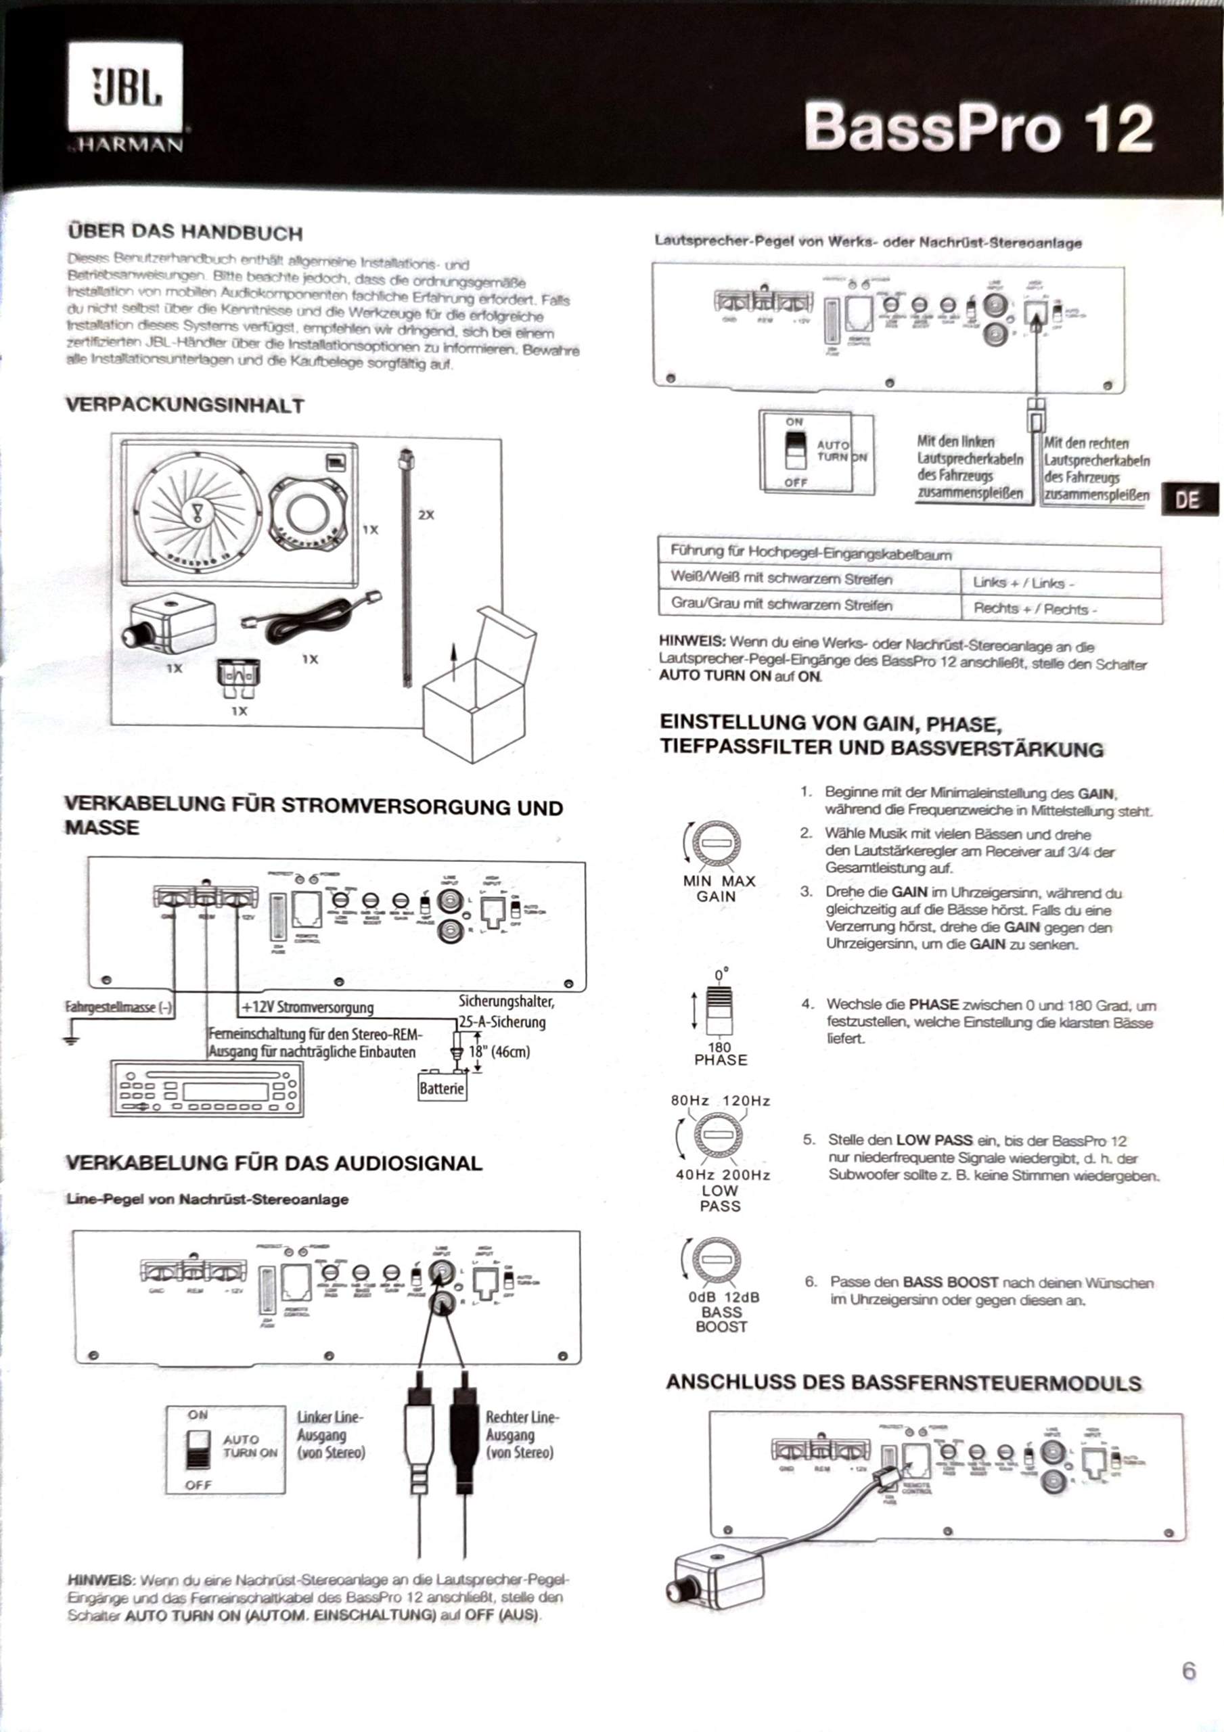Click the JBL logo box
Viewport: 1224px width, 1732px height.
tap(125, 87)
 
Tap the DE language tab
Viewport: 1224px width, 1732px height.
tap(1187, 499)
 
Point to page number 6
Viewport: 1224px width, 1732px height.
tap(1189, 1670)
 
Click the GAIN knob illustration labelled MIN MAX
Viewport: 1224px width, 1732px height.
tap(715, 844)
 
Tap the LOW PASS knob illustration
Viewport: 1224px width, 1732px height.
tap(719, 1135)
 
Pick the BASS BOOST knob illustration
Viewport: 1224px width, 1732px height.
tap(715, 1259)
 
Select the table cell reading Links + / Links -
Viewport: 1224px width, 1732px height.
tap(1060, 583)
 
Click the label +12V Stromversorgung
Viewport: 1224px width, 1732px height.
tap(308, 1007)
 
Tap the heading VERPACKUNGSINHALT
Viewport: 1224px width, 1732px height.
tap(184, 405)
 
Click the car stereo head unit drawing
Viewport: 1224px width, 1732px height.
tap(207, 1089)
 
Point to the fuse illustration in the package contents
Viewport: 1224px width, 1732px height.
tap(238, 676)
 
